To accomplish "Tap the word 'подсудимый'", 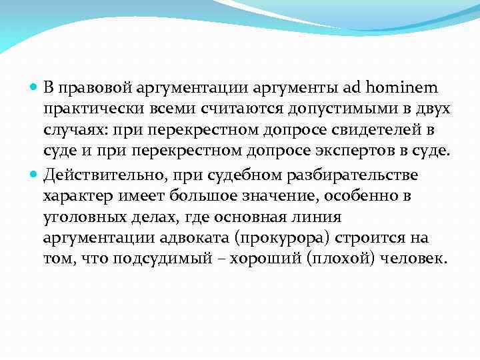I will (161, 259).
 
